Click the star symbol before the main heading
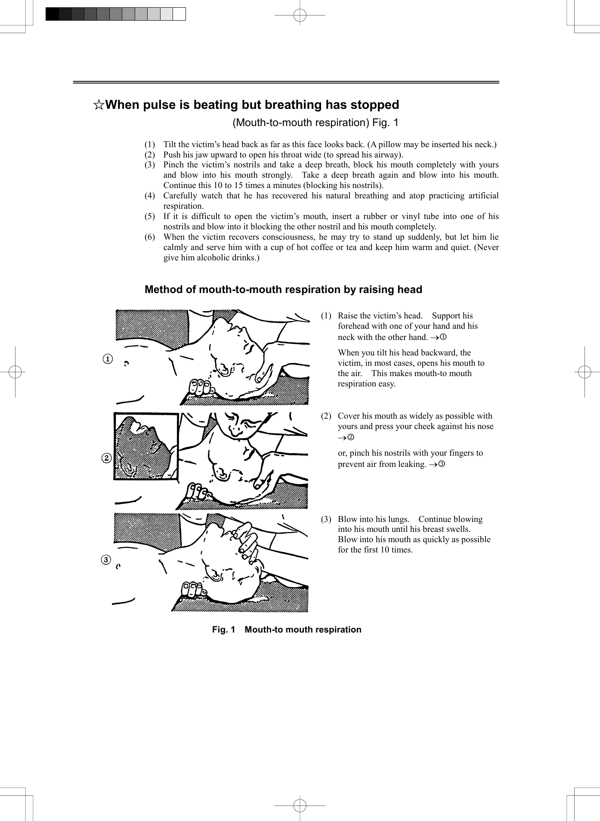click(99, 105)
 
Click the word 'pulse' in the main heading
click(165, 105)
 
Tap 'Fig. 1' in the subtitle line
click(385, 123)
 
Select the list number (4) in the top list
click(149, 196)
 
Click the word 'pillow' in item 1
click(390, 145)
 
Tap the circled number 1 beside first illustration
click(108, 359)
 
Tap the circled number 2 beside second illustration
click(107, 458)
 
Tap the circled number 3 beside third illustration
click(106, 560)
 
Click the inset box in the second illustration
click(146, 446)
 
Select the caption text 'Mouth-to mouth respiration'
click(303, 630)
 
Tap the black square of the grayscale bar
click(52, 14)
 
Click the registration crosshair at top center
click(300, 15)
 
